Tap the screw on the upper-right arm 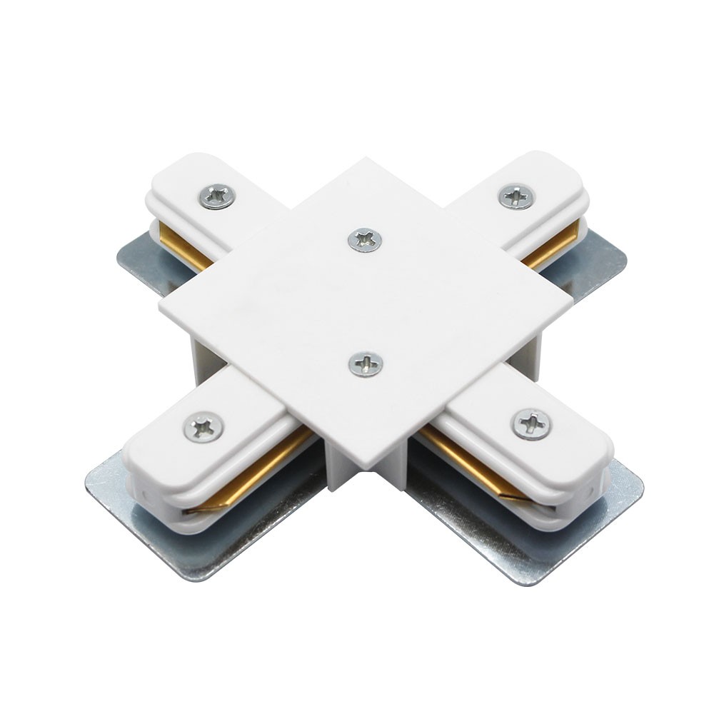coord(516,196)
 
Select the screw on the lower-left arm coord(203,426)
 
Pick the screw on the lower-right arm coord(531,424)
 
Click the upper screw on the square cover coord(365,239)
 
